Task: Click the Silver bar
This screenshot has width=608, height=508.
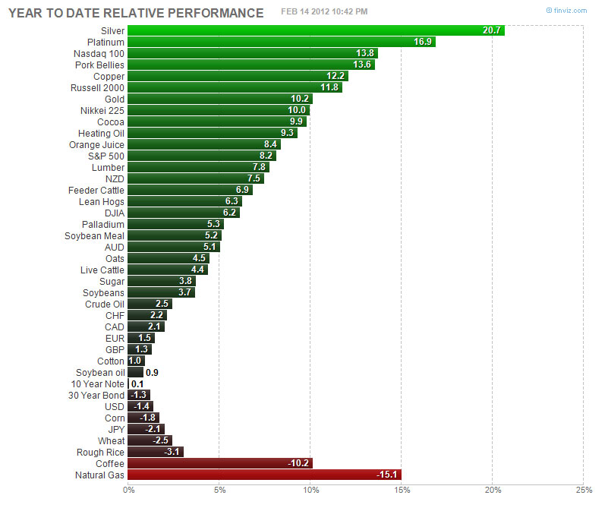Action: (x=316, y=30)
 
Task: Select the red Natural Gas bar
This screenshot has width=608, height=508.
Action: (x=264, y=475)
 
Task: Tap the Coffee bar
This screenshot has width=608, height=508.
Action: (x=220, y=463)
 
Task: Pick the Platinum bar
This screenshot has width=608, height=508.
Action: (x=281, y=42)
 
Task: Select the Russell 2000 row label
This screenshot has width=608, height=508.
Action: (x=98, y=87)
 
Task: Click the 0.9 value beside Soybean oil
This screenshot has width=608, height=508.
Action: (x=152, y=372)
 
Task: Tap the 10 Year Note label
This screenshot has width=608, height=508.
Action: (x=97, y=383)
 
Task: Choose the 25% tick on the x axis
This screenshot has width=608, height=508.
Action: (x=583, y=490)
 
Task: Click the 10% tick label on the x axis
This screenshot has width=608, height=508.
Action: (x=310, y=490)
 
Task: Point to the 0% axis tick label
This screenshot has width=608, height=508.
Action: (x=129, y=490)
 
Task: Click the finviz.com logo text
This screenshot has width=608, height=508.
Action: (x=574, y=11)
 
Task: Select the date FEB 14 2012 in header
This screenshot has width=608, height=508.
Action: (x=307, y=11)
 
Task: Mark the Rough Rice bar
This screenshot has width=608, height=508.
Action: (x=156, y=452)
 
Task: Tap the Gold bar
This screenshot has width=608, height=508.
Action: (x=220, y=99)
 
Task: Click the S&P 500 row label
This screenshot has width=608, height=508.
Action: (x=106, y=156)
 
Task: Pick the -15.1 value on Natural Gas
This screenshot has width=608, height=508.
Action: (x=387, y=475)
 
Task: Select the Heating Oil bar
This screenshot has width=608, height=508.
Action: (x=212, y=133)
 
